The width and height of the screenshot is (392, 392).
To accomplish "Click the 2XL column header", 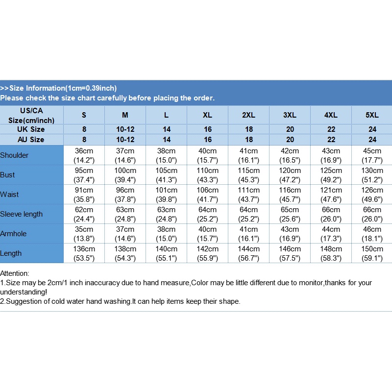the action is (x=248, y=115).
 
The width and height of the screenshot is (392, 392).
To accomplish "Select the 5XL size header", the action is (x=372, y=115).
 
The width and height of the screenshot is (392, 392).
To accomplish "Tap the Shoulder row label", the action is (x=14, y=155).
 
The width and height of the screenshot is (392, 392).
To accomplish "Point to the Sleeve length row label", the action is (x=21, y=214).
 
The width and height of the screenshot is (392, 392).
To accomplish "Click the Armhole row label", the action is (x=13, y=234).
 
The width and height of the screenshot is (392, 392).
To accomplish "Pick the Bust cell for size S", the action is (x=84, y=175).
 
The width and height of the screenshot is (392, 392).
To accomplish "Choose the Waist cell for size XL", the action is (x=207, y=195).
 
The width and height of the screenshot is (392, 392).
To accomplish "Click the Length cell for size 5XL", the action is (x=372, y=253).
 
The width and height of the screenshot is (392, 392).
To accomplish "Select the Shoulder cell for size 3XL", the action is (x=290, y=155).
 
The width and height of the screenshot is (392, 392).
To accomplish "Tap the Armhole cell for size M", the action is (x=125, y=234).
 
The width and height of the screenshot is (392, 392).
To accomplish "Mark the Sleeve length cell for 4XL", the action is (x=331, y=214).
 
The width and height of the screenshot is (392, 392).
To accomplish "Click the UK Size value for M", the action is (x=125, y=129).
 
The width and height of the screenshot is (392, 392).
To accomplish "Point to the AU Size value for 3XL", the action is (x=290, y=140).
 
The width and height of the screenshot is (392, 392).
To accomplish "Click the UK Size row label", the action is (x=31, y=129).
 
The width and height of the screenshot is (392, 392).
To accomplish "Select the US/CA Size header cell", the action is (x=31, y=116).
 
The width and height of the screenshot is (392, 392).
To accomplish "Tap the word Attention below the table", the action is (x=15, y=273).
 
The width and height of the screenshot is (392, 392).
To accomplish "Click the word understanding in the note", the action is (x=23, y=292).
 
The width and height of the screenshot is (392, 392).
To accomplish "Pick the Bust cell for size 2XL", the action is (x=248, y=175).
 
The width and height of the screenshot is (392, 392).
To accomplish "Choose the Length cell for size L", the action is (x=166, y=253).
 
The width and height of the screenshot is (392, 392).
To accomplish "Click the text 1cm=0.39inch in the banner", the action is (x=91, y=88).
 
